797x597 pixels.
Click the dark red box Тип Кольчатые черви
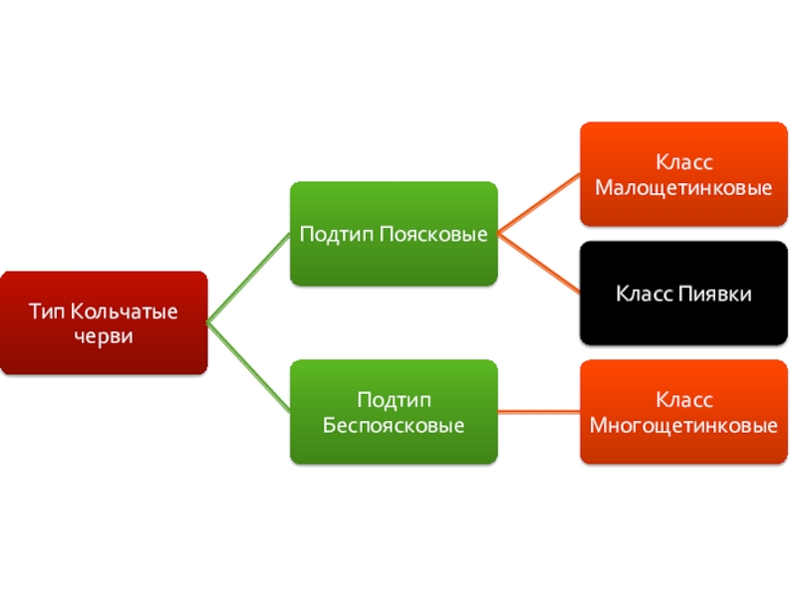pos(104,323)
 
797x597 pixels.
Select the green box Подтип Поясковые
pos(394,234)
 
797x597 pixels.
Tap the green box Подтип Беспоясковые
pos(394,412)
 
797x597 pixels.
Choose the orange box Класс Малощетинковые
pos(683,174)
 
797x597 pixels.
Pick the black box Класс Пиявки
pos(683,294)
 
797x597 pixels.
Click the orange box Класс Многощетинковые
pos(683,412)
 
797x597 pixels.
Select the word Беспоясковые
pos(394,425)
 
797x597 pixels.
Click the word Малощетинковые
pos(683,186)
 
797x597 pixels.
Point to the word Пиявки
pos(717,294)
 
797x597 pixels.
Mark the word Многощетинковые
pos(683,425)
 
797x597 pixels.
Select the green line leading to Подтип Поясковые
pos(249,278)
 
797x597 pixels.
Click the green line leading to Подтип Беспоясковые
pos(249,367)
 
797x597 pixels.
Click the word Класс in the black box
pos(645,294)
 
